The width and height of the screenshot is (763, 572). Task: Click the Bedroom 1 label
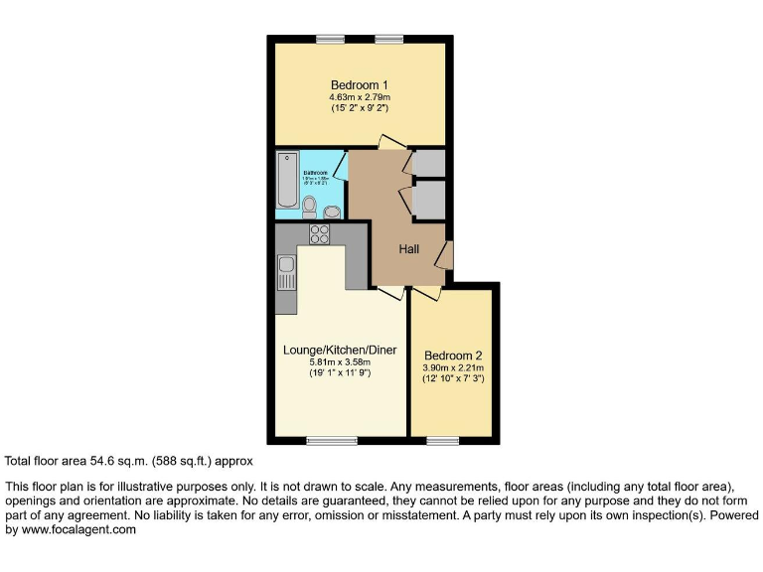(360, 84)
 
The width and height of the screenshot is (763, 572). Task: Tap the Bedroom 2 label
(453, 356)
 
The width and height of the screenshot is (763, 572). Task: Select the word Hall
(409, 249)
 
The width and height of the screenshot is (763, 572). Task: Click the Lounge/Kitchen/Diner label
(339, 350)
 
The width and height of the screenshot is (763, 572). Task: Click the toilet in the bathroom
(310, 207)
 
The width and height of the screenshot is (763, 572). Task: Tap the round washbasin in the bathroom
(332, 210)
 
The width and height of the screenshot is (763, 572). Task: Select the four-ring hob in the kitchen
(321, 234)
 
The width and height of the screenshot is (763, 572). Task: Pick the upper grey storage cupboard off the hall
(429, 163)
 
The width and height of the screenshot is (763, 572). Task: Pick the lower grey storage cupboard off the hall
(429, 199)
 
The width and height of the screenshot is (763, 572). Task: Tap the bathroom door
(341, 165)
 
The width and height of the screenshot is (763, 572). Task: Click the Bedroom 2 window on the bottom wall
(442, 439)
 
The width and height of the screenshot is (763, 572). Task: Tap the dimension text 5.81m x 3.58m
(339, 362)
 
